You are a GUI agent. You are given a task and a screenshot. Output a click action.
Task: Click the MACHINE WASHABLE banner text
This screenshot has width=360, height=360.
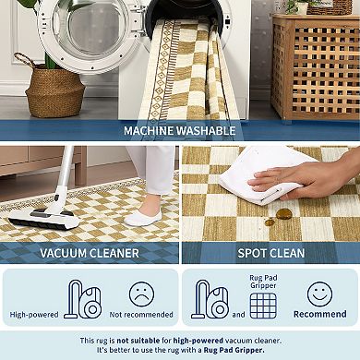pos(180,131)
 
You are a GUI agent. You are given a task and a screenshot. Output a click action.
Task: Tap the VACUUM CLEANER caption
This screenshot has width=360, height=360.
pos(90,252)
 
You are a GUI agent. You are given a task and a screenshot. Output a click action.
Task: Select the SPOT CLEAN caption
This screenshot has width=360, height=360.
pos(270,252)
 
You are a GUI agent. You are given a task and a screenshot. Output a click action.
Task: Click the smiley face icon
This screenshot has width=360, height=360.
pos(320,294)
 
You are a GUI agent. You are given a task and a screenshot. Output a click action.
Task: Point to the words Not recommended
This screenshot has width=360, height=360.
pos(141,315)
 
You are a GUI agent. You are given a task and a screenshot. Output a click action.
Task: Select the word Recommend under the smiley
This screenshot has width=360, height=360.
pos(320,315)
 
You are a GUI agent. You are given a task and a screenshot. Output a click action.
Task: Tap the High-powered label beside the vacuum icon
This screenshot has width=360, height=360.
pos(34,315)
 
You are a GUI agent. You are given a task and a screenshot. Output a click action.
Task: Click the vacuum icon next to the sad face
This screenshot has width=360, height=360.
pos(83,299)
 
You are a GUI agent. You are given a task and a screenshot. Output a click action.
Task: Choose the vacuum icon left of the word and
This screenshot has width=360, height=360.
pos(210,299)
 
